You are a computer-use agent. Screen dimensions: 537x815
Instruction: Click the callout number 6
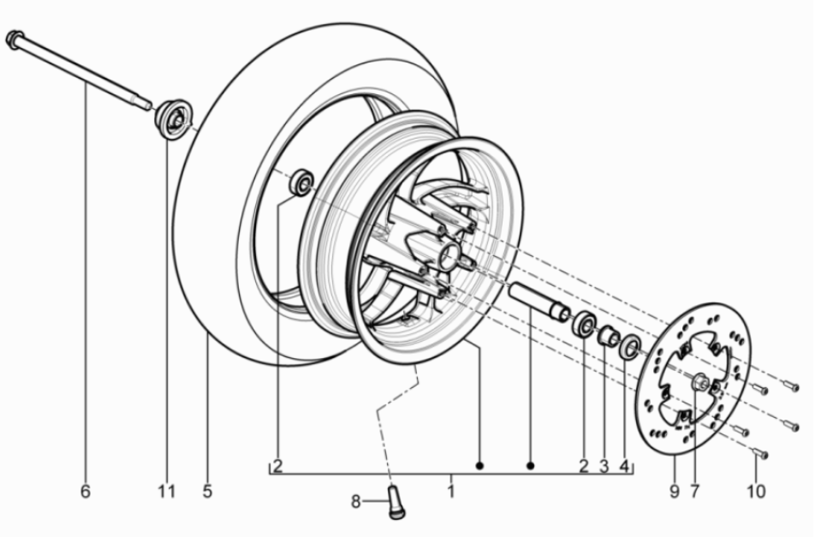(85, 492)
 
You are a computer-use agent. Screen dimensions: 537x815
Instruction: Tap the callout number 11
(166, 492)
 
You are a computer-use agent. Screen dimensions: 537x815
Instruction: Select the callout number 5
(207, 492)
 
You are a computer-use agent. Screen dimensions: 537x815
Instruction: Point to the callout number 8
(356, 502)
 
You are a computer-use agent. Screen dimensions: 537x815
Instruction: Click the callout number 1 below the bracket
(450, 492)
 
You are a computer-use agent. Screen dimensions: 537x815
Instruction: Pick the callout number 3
(604, 467)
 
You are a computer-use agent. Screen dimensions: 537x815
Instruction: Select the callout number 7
(694, 492)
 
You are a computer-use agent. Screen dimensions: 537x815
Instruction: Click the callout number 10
(756, 492)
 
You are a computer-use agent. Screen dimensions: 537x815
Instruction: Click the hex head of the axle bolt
(15, 39)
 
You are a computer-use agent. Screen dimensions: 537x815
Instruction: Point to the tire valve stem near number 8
(397, 502)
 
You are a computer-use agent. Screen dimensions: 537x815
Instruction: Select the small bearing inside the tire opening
(300, 182)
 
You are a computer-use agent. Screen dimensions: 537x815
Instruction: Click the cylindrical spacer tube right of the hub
(538, 301)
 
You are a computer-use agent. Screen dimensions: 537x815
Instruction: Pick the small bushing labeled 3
(609, 336)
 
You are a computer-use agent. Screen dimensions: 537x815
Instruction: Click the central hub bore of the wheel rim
(448, 255)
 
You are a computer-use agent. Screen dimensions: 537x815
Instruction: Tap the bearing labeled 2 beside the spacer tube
(586, 325)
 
